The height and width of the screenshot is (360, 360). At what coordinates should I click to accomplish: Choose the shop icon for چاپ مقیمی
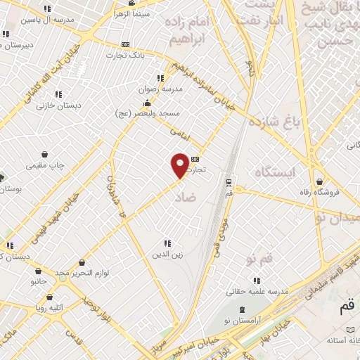(46, 154)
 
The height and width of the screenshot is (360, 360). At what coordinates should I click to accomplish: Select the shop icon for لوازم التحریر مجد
(82, 262)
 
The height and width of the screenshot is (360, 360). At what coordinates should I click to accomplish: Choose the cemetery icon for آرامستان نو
(243, 310)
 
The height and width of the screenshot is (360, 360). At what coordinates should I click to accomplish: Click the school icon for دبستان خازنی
(59, 94)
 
